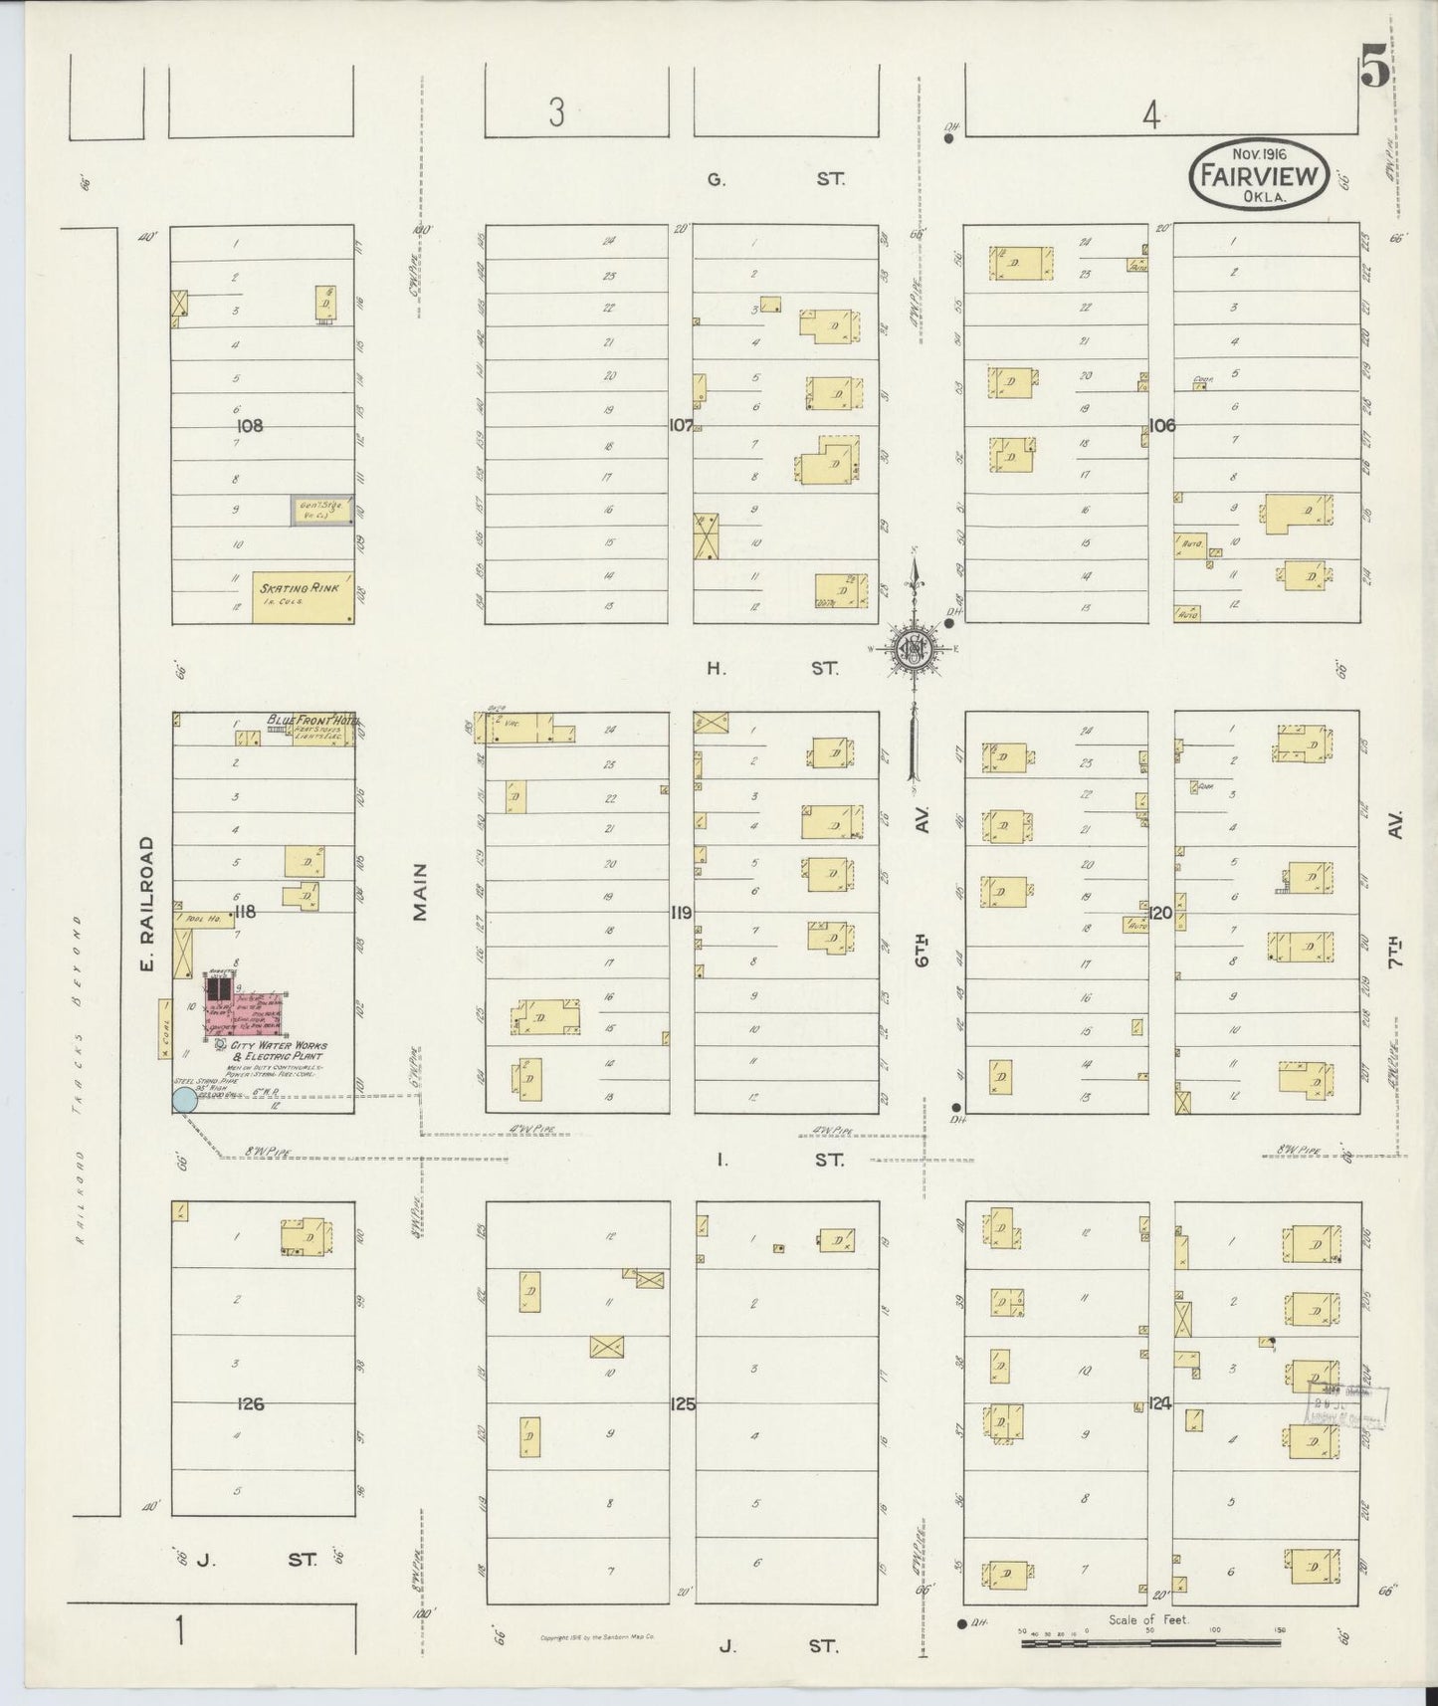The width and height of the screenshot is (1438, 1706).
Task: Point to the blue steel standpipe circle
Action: [x=183, y=1099]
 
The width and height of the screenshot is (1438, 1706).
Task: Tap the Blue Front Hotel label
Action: [x=309, y=720]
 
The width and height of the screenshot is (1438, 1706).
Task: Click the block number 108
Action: [x=249, y=425]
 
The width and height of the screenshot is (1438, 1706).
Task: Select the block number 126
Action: [x=251, y=1403]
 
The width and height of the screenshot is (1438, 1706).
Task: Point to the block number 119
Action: [x=682, y=911]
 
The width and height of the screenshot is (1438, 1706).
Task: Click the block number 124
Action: [x=1161, y=1404]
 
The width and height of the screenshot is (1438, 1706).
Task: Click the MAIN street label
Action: [x=420, y=891]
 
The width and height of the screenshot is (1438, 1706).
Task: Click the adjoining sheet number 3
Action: [x=555, y=113]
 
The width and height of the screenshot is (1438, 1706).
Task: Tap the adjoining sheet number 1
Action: [x=180, y=1632]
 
